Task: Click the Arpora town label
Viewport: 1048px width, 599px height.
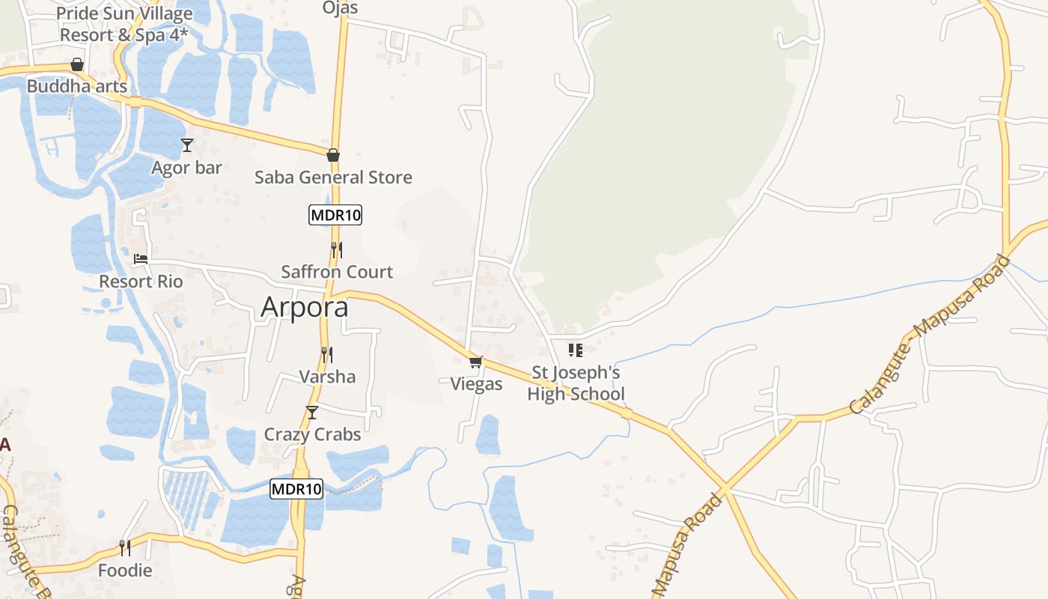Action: pyautogui.click(x=305, y=308)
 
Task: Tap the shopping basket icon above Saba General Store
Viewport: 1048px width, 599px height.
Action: pyautogui.click(x=333, y=155)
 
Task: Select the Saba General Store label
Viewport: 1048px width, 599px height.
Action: pyautogui.click(x=333, y=177)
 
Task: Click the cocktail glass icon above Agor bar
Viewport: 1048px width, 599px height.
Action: pyautogui.click(x=187, y=145)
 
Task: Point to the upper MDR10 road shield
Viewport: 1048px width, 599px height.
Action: pyautogui.click(x=335, y=215)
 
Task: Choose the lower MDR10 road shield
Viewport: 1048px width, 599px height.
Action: pyautogui.click(x=296, y=489)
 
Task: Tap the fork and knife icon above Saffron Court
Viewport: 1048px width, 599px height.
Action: pyautogui.click(x=337, y=249)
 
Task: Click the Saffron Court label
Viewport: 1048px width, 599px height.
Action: pyautogui.click(x=337, y=272)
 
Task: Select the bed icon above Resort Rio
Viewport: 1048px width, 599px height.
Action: pyautogui.click(x=141, y=260)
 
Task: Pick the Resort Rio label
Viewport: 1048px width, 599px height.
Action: pyautogui.click(x=141, y=282)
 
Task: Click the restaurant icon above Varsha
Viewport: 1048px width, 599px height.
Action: pyautogui.click(x=327, y=354)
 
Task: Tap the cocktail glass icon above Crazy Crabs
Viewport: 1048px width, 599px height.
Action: pyautogui.click(x=312, y=413)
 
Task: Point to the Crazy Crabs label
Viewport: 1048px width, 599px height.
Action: pyautogui.click(x=312, y=434)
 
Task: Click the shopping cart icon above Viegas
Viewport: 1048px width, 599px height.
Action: pyautogui.click(x=476, y=362)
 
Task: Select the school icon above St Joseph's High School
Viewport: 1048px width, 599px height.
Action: pyautogui.click(x=576, y=350)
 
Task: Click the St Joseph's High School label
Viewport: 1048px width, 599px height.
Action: pyautogui.click(x=576, y=383)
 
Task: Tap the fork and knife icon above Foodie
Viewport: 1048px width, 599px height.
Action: pyautogui.click(x=125, y=548)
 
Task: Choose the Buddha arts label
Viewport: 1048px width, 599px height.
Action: pyautogui.click(x=77, y=86)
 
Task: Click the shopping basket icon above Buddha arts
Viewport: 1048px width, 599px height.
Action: pyautogui.click(x=77, y=64)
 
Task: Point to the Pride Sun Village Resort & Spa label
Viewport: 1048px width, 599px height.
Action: pyautogui.click(x=124, y=24)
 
